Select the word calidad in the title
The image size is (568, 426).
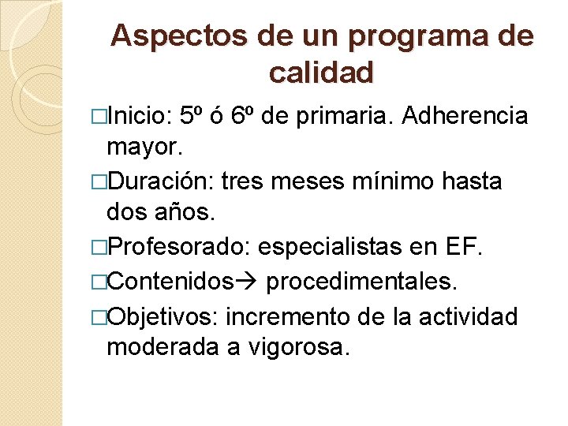[x=321, y=73]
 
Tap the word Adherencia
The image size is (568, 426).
[x=465, y=117]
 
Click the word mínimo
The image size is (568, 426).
[x=404, y=181]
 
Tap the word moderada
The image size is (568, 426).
[x=163, y=347]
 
